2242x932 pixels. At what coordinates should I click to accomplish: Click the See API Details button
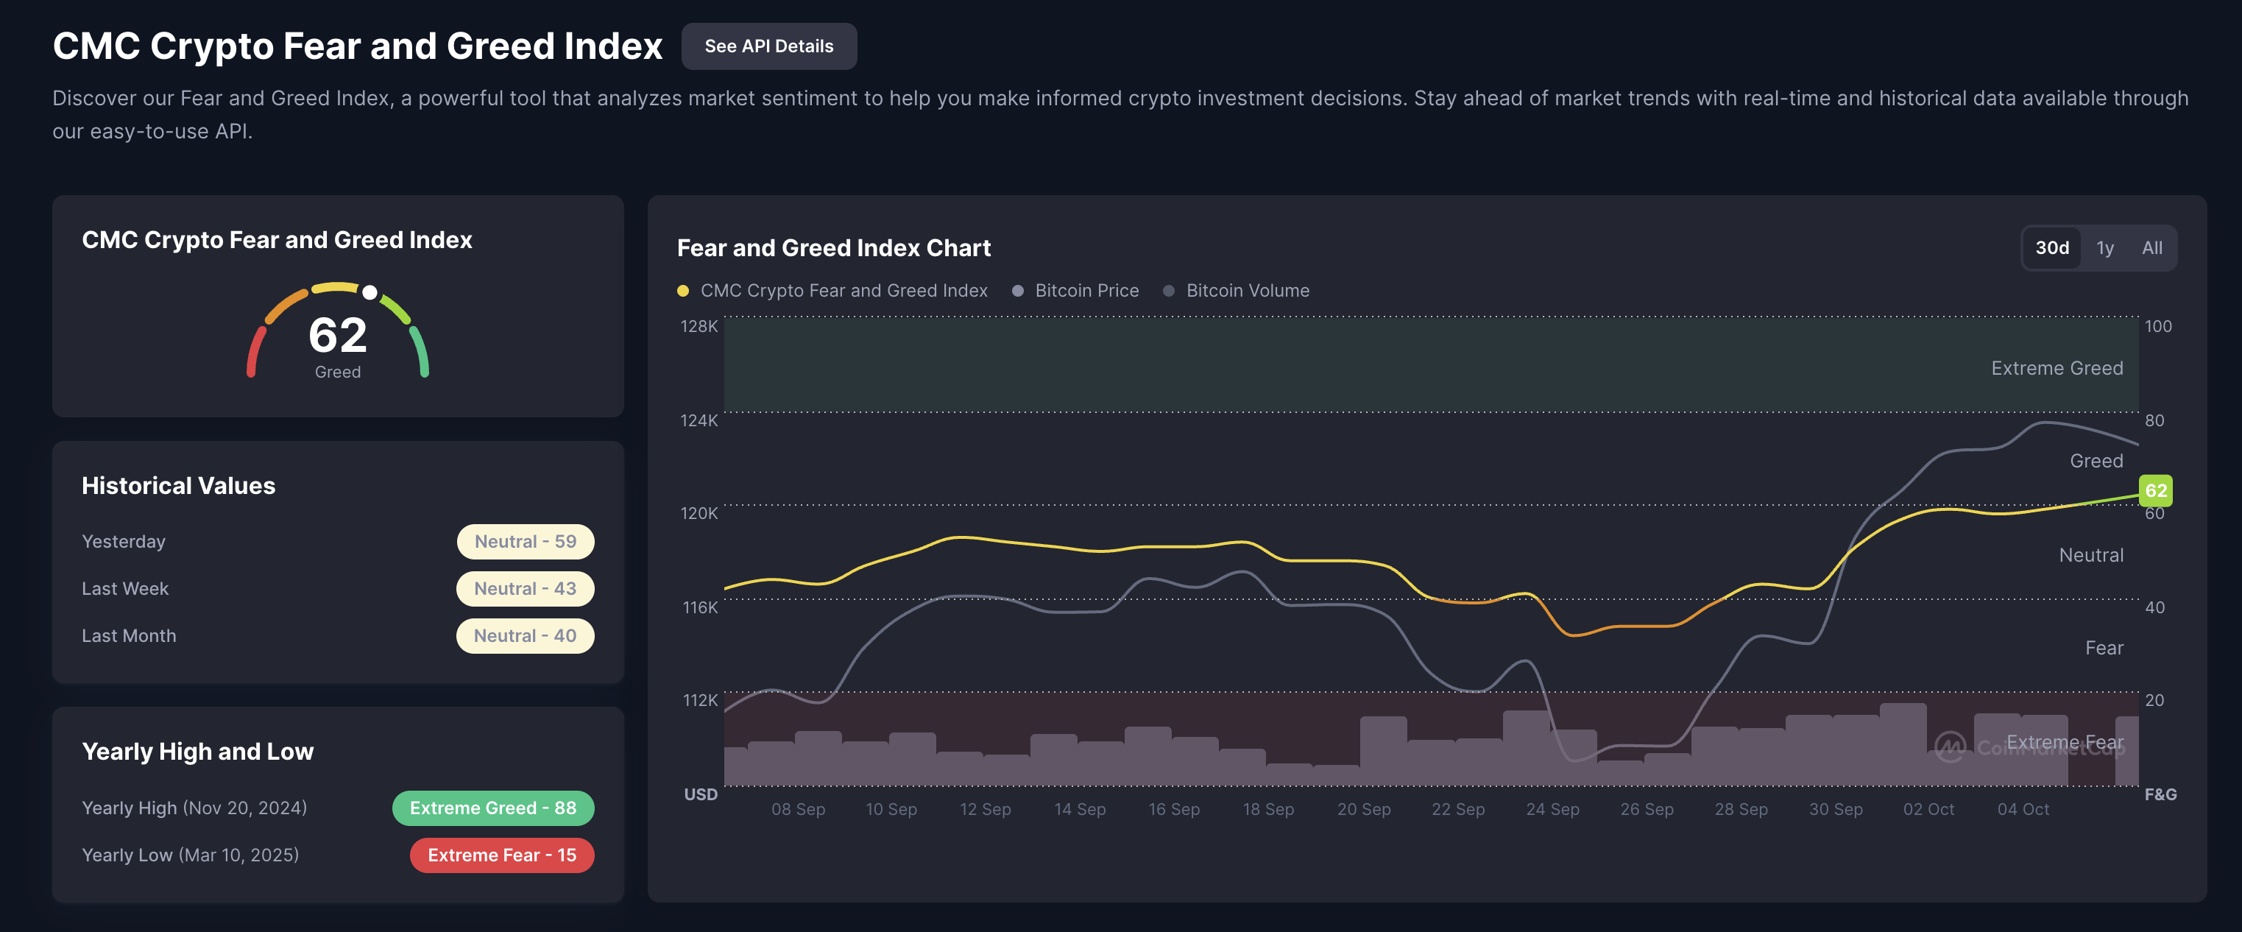(x=768, y=46)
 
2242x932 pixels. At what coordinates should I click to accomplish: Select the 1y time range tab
(x=2104, y=248)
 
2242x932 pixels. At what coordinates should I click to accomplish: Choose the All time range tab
(x=2151, y=248)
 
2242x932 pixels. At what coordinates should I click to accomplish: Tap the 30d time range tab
(x=2051, y=248)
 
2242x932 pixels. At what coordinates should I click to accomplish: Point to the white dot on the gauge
(x=370, y=292)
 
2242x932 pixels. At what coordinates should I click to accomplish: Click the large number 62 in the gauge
(x=338, y=335)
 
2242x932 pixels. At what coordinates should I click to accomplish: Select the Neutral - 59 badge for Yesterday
(x=525, y=541)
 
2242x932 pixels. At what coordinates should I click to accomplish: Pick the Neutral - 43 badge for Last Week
(x=525, y=588)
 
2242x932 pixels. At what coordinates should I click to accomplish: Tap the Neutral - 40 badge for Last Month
(x=525, y=635)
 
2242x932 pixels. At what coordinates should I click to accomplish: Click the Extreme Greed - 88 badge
(x=492, y=808)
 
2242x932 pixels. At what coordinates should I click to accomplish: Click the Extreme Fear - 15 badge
(x=501, y=855)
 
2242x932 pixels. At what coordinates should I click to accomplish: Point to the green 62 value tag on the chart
(x=2155, y=490)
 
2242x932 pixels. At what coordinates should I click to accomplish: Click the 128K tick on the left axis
(x=699, y=326)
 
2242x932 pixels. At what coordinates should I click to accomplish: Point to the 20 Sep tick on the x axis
(x=1364, y=809)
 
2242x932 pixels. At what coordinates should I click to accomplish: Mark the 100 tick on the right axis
(x=2157, y=326)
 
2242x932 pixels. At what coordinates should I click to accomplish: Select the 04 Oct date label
(x=2023, y=809)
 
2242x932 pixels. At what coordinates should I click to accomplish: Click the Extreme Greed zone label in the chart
(x=2057, y=368)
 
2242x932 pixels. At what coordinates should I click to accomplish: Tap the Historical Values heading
(x=178, y=486)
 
